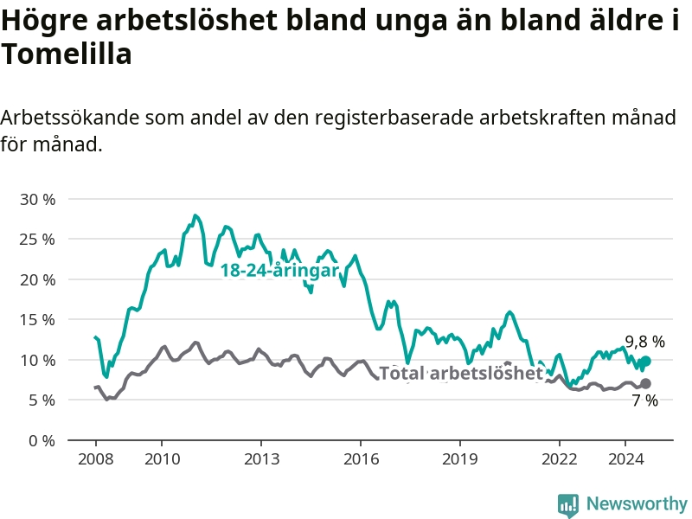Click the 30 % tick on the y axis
click(x=37, y=199)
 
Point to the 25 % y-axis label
click(x=37, y=240)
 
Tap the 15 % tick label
click(x=37, y=320)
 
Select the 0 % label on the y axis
click(x=42, y=440)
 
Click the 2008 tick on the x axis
click(x=95, y=458)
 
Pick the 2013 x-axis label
click(x=261, y=458)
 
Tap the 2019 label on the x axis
click(x=460, y=458)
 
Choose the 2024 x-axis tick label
click(x=625, y=458)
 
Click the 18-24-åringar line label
click(x=279, y=271)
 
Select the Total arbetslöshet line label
click(x=461, y=373)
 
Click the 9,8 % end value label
click(x=644, y=342)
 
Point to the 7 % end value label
click(x=644, y=400)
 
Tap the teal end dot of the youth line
click(x=645, y=361)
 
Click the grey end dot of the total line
click(x=645, y=383)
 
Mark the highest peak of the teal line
click(x=195, y=215)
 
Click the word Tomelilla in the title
click(x=67, y=54)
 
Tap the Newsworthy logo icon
click(x=568, y=504)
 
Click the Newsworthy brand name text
click(x=637, y=503)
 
